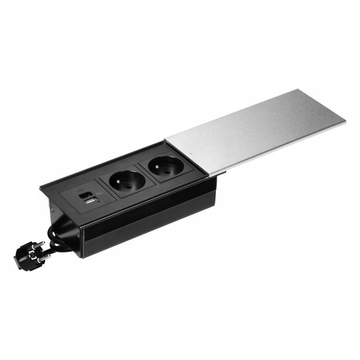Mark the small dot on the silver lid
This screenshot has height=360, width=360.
point(191,154)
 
